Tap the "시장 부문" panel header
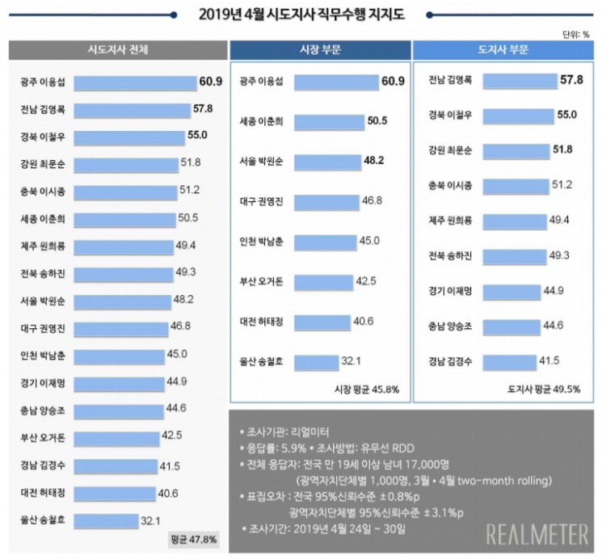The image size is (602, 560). [x=319, y=50]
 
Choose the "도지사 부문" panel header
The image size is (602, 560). [x=503, y=50]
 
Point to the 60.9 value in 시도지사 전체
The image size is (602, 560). [x=209, y=82]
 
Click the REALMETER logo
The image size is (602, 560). [x=537, y=534]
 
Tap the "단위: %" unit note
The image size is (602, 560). [x=575, y=34]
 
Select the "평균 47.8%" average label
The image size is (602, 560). [x=193, y=539]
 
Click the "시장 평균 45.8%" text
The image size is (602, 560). [x=366, y=389]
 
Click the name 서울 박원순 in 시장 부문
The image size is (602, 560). [x=261, y=161]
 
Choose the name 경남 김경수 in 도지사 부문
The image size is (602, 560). [x=451, y=360]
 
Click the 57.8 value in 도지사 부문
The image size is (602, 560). [x=570, y=80]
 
